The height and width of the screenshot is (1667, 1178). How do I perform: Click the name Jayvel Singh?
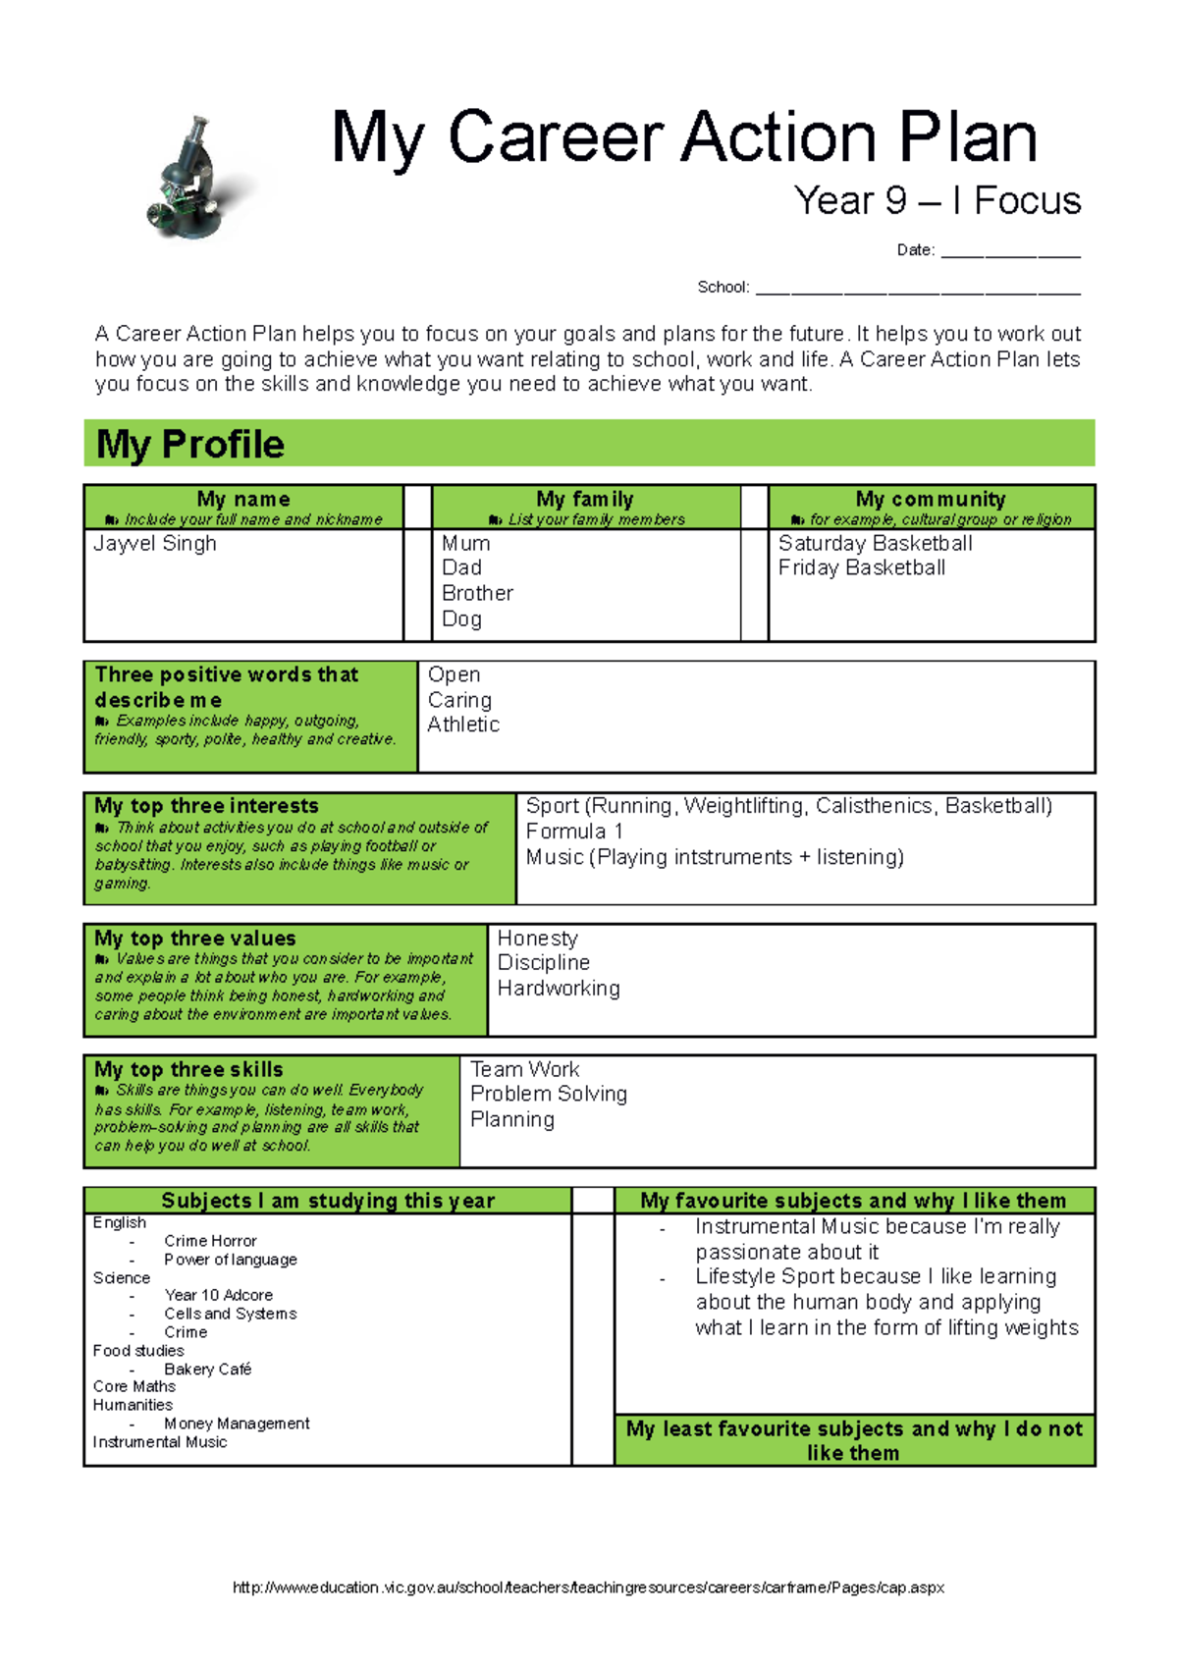pyautogui.click(x=155, y=544)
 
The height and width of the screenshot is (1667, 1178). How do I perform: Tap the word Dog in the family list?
pyautogui.click(x=461, y=619)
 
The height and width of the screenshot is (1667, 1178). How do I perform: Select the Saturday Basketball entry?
pyautogui.click(x=875, y=544)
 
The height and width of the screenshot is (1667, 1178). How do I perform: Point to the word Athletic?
pyautogui.click(x=463, y=725)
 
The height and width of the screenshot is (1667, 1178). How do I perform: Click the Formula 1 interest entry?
pyautogui.click(x=574, y=832)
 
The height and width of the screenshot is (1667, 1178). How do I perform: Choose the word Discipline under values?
pyautogui.click(x=544, y=963)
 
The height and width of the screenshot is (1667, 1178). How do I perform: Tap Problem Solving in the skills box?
pyautogui.click(x=548, y=1094)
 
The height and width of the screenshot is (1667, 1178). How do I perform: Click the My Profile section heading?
pyautogui.click(x=190, y=445)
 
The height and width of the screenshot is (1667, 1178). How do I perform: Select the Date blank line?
pyautogui.click(x=1010, y=253)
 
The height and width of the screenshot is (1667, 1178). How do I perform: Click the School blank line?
pyautogui.click(x=917, y=290)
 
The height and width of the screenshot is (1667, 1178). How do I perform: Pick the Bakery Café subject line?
pyautogui.click(x=208, y=1370)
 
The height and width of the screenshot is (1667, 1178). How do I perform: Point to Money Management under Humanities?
pyautogui.click(x=237, y=1424)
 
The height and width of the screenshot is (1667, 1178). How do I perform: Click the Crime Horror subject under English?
pyautogui.click(x=210, y=1241)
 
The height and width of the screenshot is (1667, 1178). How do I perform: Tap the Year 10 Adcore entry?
pyautogui.click(x=219, y=1296)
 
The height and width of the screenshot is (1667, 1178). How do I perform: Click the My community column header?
pyautogui.click(x=931, y=500)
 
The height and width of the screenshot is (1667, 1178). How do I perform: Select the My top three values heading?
pyautogui.click(x=195, y=939)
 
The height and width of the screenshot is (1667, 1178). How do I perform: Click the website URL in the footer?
pyautogui.click(x=588, y=1587)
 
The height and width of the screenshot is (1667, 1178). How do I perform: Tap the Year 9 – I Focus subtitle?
pyautogui.click(x=937, y=201)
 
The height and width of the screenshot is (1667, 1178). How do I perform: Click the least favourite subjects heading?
pyautogui.click(x=854, y=1440)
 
